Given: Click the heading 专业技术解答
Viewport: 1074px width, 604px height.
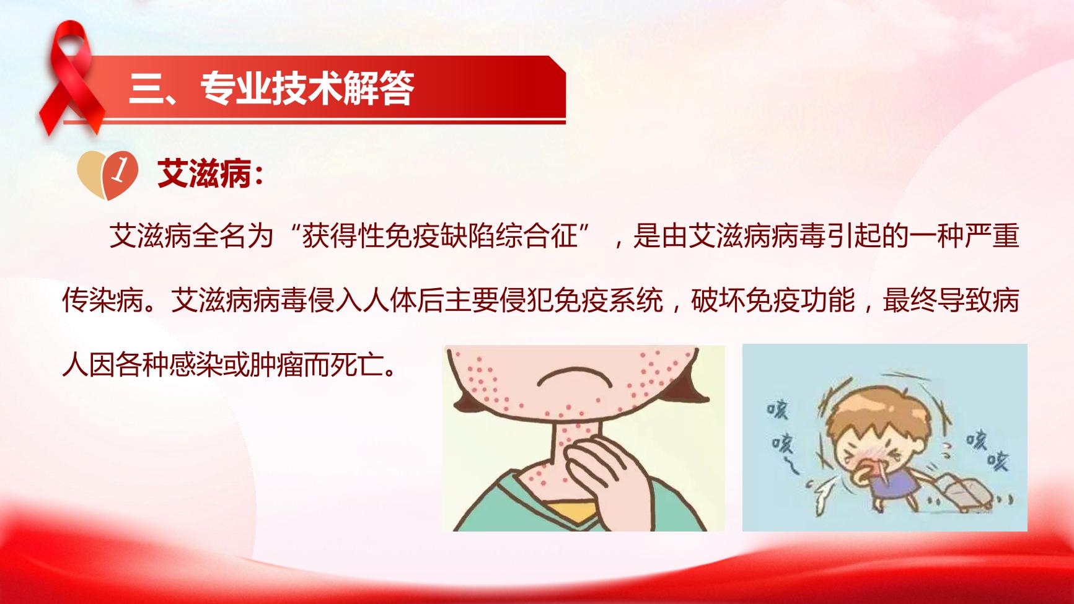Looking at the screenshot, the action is (x=307, y=88).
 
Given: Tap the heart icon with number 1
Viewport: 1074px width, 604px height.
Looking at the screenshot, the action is (x=108, y=173).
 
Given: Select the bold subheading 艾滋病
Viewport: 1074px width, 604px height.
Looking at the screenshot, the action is (x=205, y=173).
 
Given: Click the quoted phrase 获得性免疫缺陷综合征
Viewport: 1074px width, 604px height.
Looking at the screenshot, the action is (x=440, y=236).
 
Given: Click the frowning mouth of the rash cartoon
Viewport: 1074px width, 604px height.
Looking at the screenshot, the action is (x=563, y=377).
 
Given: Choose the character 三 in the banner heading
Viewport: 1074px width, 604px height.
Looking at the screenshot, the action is (x=144, y=88).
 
